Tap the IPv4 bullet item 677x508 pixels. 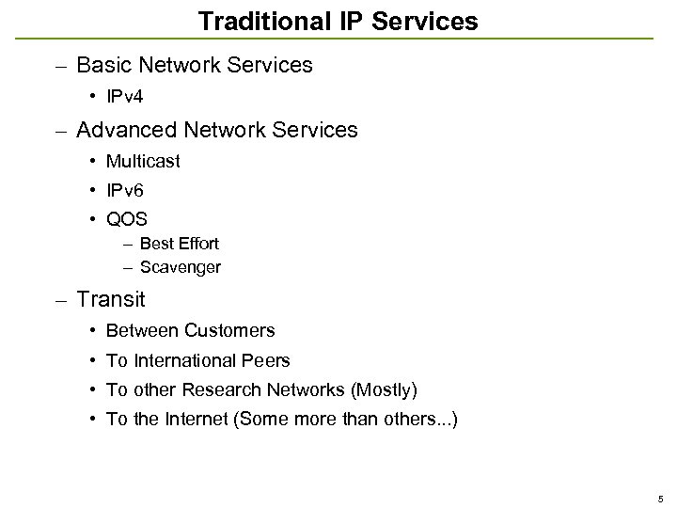[124, 96]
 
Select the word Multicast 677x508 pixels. [143, 161]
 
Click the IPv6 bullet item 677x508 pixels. [124, 191]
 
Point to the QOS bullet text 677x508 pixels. [127, 221]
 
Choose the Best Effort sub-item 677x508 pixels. [179, 244]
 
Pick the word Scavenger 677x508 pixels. [180, 267]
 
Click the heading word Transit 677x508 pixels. [111, 300]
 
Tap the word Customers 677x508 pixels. [229, 330]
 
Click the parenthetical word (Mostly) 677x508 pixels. [383, 390]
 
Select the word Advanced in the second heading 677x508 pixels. [118, 130]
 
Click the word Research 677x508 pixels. [223, 390]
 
